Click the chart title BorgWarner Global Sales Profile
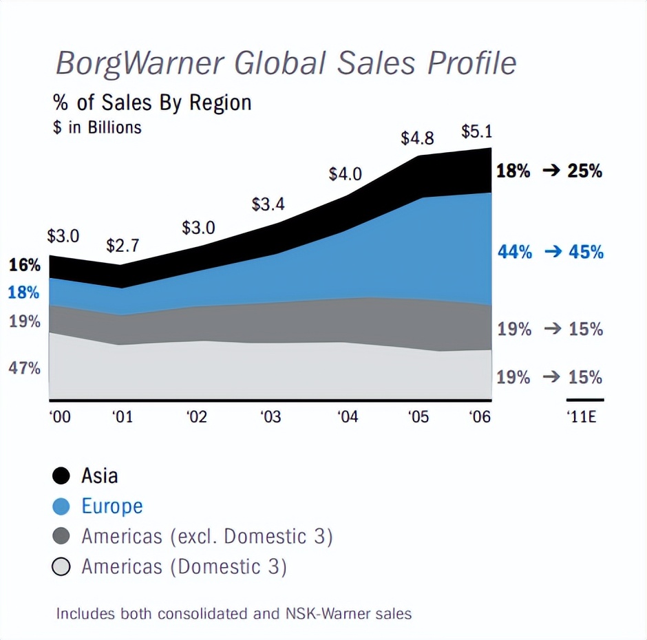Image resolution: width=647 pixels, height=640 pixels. tap(285, 64)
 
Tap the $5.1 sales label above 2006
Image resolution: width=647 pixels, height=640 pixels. tap(476, 131)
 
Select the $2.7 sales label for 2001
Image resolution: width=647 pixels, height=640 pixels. tap(123, 246)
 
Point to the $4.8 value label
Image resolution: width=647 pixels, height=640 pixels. tap(417, 138)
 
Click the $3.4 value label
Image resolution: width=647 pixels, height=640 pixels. tap(268, 204)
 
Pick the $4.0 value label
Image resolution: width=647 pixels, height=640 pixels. tap(345, 174)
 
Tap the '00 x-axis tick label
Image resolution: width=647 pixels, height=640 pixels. tap(60, 418)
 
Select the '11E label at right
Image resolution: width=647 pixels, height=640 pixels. tap(584, 418)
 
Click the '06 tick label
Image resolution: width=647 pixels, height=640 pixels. tap(479, 418)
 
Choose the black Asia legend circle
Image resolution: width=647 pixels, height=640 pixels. tap(61, 476)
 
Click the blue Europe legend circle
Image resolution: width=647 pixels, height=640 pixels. tap(61, 506)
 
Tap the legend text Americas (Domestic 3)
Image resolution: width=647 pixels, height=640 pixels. tap(184, 567)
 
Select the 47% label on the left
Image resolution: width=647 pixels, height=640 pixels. tap(24, 368)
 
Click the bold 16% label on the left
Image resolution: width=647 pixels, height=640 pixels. tap(24, 265)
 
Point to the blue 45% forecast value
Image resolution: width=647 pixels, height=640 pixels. tap(586, 252)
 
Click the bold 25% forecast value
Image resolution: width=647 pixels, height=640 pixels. tap(584, 171)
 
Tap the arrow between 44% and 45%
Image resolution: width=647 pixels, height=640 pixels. tap(553, 253)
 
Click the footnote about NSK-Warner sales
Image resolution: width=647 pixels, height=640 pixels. tap(233, 613)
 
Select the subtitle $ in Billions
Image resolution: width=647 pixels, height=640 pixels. tap(97, 127)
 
